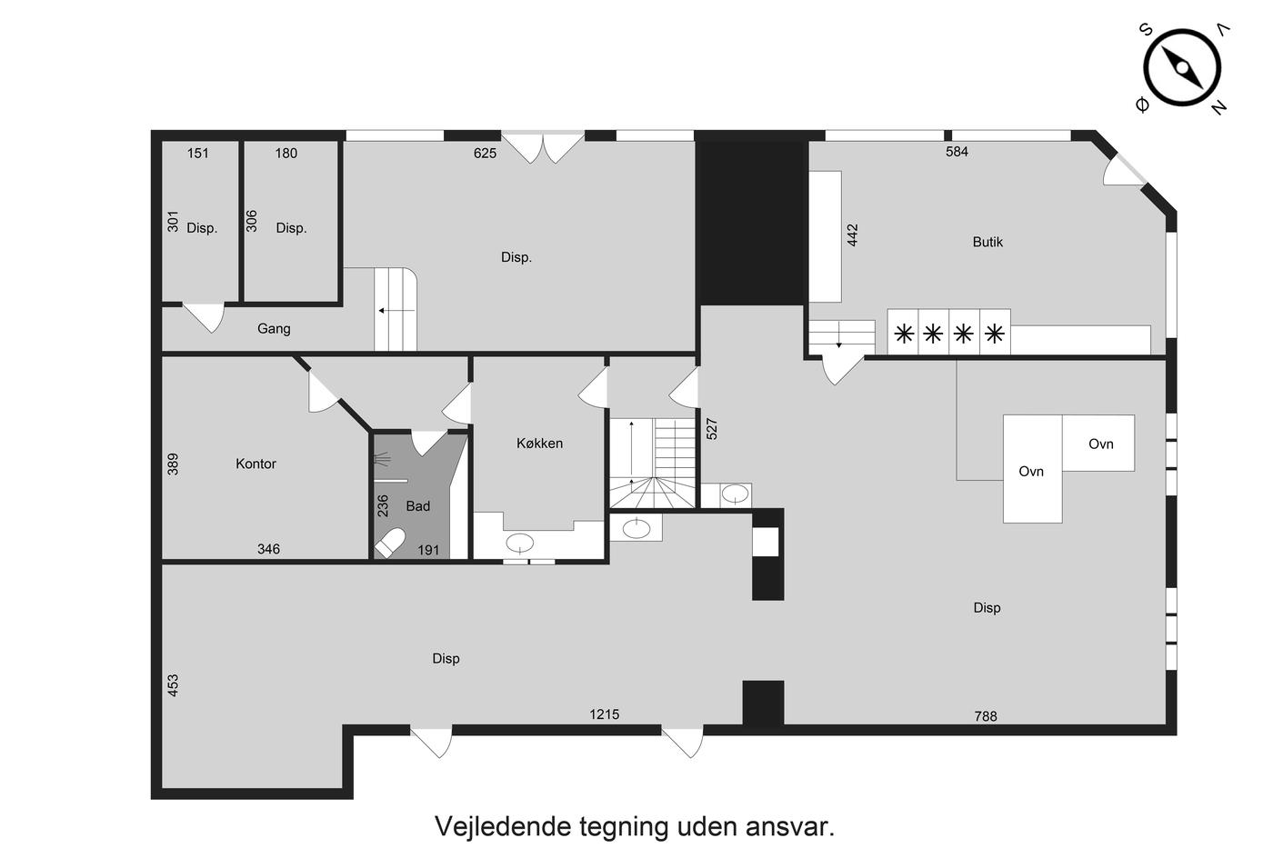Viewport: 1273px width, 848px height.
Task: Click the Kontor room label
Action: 256,464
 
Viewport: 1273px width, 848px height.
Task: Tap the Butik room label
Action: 987,242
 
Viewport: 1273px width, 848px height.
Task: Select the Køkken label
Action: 539,443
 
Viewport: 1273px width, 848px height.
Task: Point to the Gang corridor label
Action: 274,329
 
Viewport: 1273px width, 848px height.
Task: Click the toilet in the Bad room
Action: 390,543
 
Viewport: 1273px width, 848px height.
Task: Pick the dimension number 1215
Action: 604,714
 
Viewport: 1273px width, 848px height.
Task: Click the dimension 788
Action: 986,717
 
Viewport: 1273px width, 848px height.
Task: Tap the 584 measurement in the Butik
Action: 957,152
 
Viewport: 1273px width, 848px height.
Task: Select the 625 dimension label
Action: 485,154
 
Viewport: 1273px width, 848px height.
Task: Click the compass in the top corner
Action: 1182,68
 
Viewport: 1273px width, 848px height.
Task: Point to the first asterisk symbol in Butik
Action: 904,334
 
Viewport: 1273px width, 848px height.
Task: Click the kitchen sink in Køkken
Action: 520,543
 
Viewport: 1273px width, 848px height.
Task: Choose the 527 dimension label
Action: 712,429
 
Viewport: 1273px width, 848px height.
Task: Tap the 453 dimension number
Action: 173,685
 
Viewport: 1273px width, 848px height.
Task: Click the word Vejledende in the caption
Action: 503,826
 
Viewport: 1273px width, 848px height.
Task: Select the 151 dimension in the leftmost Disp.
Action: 198,154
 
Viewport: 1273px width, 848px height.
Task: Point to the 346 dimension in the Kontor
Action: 268,549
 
